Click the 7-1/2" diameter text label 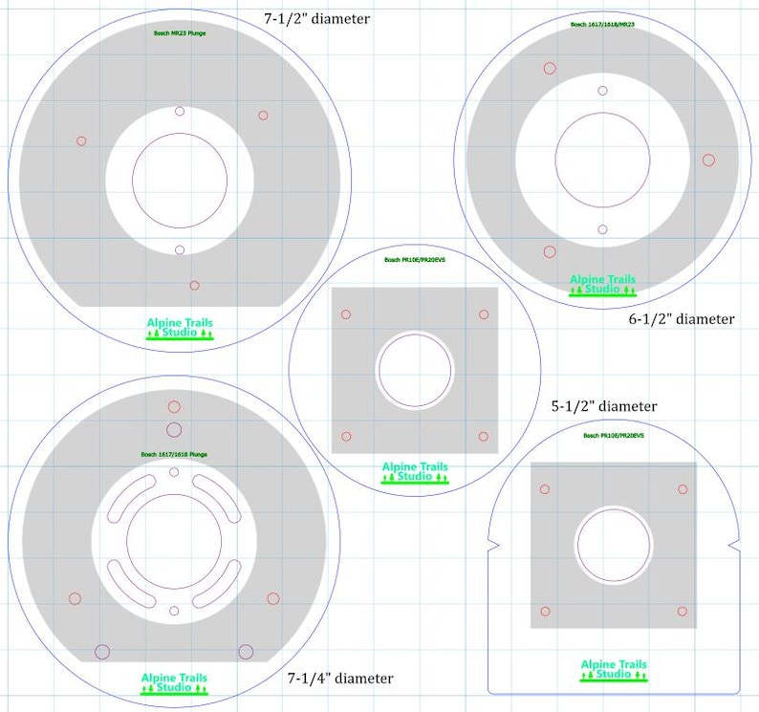pyautogui.click(x=316, y=17)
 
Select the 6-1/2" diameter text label pyautogui.click(x=681, y=319)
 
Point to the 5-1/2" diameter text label pyautogui.click(x=604, y=406)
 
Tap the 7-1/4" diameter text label pyautogui.click(x=340, y=679)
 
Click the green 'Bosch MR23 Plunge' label pyautogui.click(x=180, y=33)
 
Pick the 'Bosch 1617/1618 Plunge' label pyautogui.click(x=174, y=454)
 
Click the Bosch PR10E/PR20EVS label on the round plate pyautogui.click(x=415, y=260)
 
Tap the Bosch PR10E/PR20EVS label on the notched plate pyautogui.click(x=614, y=435)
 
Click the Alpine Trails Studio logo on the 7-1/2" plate pyautogui.click(x=180, y=328)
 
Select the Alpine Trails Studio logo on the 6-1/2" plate pyautogui.click(x=602, y=285)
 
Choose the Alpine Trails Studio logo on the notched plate pyautogui.click(x=614, y=670)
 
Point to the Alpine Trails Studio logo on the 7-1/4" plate pyautogui.click(x=174, y=683)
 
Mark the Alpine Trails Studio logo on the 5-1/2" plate pyautogui.click(x=415, y=472)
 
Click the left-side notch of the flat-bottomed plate pyautogui.click(x=492, y=546)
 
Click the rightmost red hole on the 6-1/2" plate pyautogui.click(x=708, y=160)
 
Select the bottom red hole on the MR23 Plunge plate pyautogui.click(x=194, y=285)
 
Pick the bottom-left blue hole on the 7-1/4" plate pyautogui.click(x=102, y=652)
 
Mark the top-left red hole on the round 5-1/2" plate pyautogui.click(x=346, y=314)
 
